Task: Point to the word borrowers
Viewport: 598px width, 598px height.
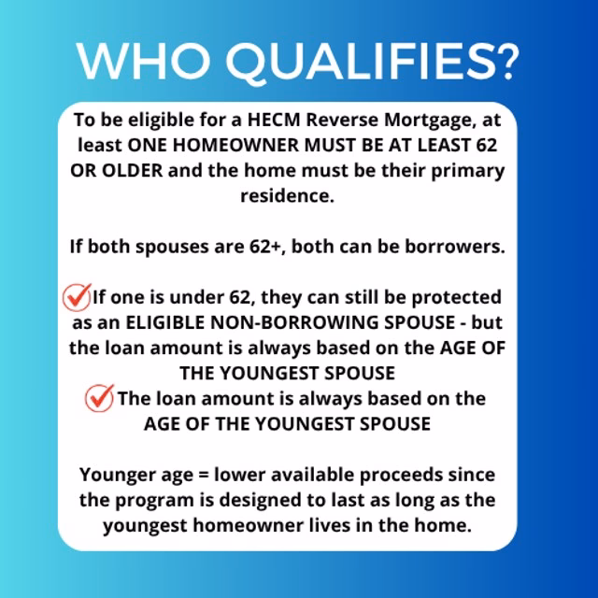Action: (459, 247)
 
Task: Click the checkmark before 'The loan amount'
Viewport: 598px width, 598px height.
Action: (98, 398)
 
